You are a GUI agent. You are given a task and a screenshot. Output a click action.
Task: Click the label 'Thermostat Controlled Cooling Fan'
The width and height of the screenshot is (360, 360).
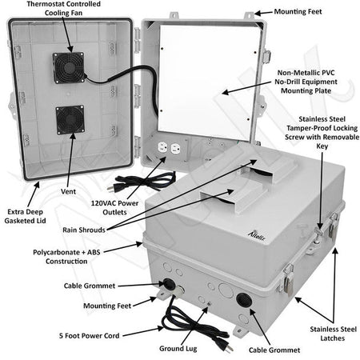[x=65, y=12]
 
